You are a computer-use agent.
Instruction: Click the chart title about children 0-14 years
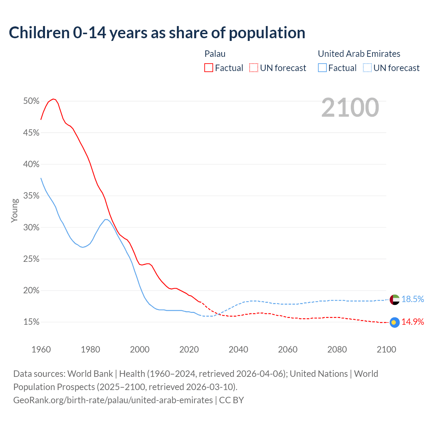point(157,33)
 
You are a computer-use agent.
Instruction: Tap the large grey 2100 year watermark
point(350,108)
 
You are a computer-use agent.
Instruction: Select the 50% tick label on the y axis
point(31,101)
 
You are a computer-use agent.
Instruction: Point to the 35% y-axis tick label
point(31,196)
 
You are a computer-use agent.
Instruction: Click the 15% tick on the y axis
point(31,322)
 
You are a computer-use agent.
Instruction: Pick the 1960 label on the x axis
point(41,349)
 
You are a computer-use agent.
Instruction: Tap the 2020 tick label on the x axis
point(189,349)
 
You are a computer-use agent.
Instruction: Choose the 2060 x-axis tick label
point(288,349)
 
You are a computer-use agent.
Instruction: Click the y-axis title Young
point(15,210)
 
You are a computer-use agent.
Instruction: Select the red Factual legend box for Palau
point(209,68)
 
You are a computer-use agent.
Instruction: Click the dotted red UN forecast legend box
point(254,68)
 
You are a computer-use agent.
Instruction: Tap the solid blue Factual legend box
point(322,68)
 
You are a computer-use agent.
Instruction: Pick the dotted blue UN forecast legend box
point(367,68)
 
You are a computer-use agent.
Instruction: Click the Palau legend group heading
point(215,54)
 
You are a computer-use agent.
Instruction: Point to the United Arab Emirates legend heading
point(359,54)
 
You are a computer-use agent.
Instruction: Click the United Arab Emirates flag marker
point(395,299)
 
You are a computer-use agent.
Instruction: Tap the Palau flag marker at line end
point(395,322)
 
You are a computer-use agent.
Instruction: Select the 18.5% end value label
point(413,299)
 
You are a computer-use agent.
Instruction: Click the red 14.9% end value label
point(413,322)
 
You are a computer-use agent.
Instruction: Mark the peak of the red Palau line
point(53,99)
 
